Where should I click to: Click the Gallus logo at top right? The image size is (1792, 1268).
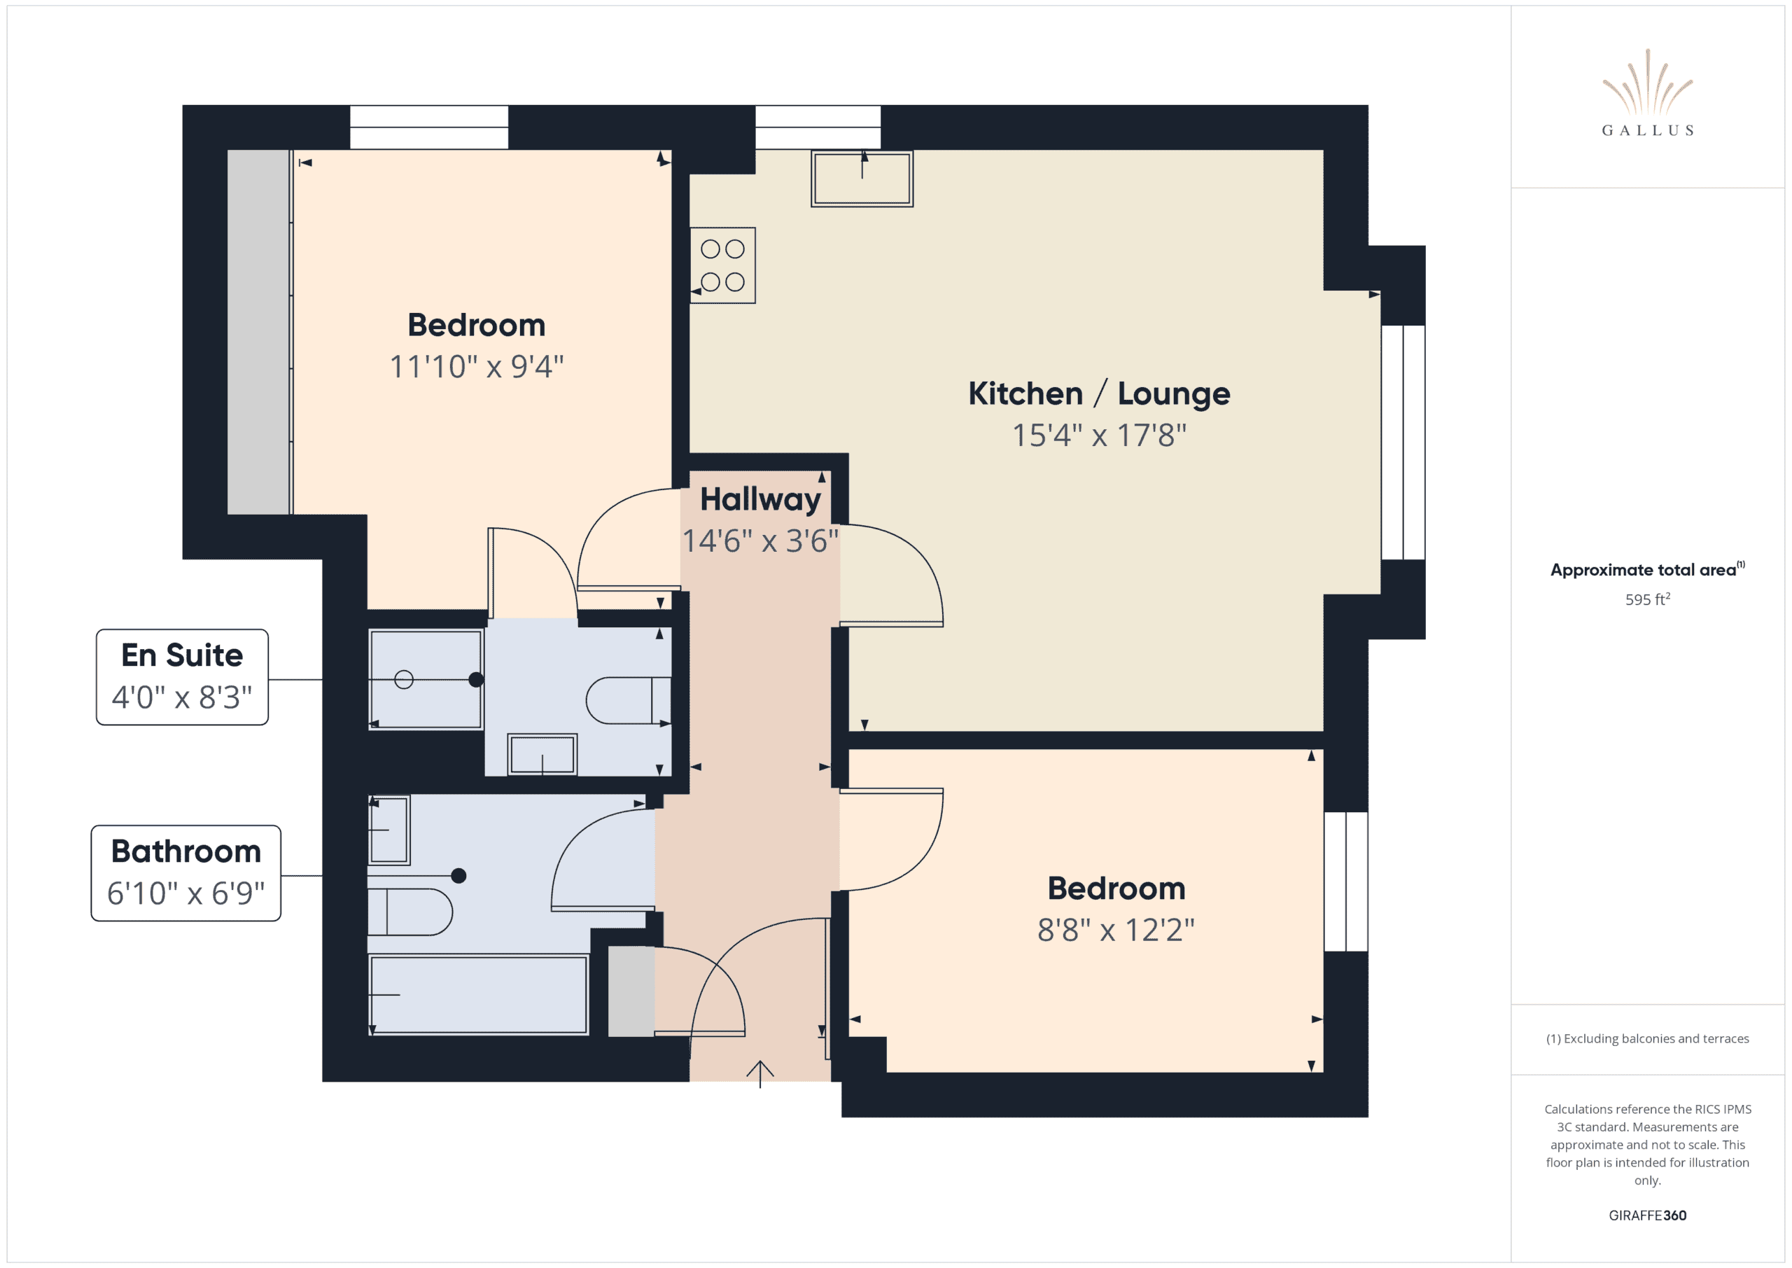(1647, 93)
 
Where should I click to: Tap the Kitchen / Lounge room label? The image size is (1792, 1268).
(1099, 393)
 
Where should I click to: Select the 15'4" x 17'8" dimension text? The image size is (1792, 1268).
(1099, 436)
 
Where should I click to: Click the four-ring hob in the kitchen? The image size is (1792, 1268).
(722, 265)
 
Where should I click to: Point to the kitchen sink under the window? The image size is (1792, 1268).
(862, 179)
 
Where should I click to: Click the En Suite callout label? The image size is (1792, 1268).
(182, 677)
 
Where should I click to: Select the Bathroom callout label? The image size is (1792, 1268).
(185, 873)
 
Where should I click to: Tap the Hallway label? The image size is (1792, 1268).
(760, 500)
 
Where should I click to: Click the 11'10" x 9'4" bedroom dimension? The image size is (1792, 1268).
(476, 367)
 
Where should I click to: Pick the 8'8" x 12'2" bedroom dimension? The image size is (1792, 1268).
(1116, 930)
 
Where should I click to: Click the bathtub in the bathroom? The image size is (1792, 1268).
(478, 995)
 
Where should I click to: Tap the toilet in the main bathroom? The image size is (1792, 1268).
(409, 912)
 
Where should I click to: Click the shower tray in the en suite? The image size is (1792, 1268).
(426, 679)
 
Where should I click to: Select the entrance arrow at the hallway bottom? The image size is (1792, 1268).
(759, 1073)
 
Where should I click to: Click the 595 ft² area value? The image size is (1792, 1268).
(1647, 599)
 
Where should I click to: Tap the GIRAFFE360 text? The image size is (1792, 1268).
(1647, 1215)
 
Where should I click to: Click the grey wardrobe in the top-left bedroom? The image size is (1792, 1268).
(258, 332)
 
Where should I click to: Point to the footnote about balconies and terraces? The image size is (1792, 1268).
(1647, 1038)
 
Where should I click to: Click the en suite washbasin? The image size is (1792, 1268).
(542, 754)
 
